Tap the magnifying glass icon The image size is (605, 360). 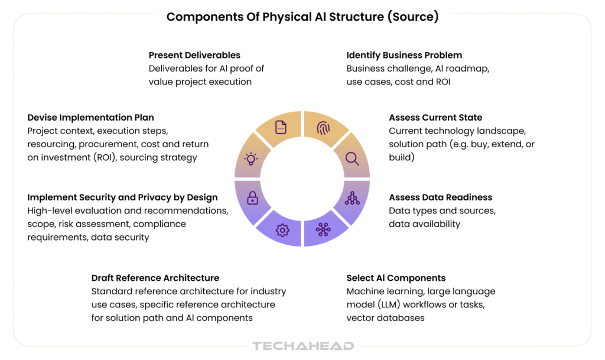tap(352, 158)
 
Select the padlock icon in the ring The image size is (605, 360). tap(253, 198)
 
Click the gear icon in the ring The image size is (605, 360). tap(282, 229)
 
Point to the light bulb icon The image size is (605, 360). tap(252, 158)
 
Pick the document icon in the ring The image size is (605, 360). tap(281, 127)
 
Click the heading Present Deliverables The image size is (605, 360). tap(194, 55)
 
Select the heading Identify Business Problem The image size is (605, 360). tap(404, 55)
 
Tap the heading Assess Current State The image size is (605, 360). tap(435, 118)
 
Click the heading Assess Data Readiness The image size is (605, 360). tap(440, 197)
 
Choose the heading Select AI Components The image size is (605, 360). tap(396, 278)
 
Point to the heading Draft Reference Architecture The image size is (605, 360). tap(155, 278)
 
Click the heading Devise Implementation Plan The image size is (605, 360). tap(90, 118)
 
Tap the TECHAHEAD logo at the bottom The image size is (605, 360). tap(302, 346)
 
